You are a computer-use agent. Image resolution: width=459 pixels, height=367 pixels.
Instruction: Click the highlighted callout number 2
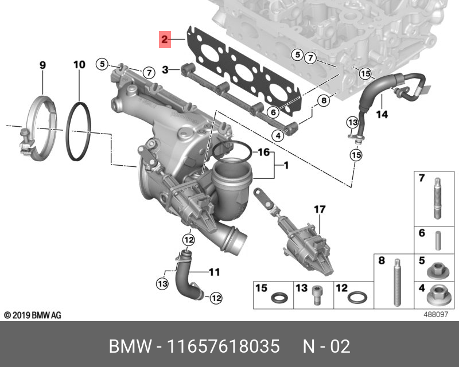tap(164, 40)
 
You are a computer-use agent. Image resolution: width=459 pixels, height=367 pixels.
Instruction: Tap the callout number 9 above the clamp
tap(42, 65)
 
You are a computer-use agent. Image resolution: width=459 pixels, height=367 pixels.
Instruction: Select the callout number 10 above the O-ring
tap(79, 65)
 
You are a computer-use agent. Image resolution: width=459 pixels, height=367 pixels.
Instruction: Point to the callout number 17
tap(319, 210)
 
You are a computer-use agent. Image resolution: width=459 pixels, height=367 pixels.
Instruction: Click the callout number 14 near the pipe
tap(382, 115)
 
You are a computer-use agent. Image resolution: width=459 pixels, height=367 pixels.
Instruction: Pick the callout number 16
tap(263, 153)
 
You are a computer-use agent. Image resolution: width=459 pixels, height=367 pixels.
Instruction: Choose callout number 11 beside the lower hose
tap(214, 271)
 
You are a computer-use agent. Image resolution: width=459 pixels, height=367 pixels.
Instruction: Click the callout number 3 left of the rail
tap(165, 70)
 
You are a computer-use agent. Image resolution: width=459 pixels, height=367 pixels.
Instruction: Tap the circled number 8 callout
tap(324, 100)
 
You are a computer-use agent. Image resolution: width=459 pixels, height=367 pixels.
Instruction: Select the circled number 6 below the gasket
tap(273, 112)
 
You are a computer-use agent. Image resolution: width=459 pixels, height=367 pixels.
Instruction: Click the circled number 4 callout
tap(278, 135)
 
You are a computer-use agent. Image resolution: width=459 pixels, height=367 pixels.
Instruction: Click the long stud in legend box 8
tap(396, 284)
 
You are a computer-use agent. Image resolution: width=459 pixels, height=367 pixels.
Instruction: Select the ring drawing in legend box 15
tap(280, 298)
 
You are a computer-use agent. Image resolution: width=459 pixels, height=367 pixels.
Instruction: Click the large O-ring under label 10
tap(79, 131)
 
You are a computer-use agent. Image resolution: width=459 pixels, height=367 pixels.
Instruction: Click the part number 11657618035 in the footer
tap(223, 347)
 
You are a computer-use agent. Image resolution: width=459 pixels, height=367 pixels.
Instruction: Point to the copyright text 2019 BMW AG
tap(33, 315)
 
